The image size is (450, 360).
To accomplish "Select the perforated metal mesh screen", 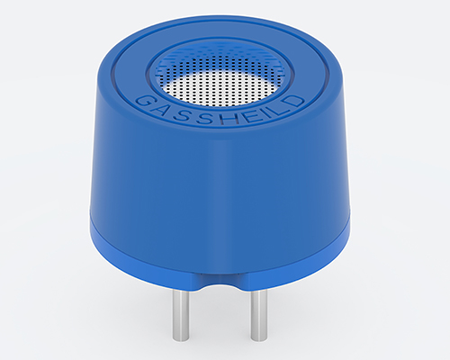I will pyautogui.click(x=221, y=86).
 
